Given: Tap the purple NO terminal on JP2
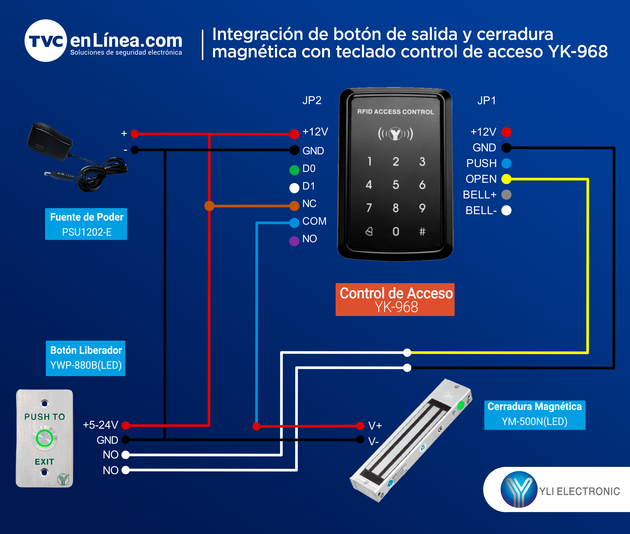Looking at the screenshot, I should [294, 241].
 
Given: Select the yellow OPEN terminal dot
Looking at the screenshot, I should [506, 179].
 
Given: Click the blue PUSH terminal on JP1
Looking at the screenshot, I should [506, 163].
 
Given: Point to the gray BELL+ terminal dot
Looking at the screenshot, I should [506, 195].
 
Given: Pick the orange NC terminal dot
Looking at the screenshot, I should [294, 206].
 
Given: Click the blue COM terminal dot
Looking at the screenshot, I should [294, 223].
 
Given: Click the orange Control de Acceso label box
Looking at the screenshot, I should [395, 299].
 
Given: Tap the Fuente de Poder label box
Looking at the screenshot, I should [86, 224].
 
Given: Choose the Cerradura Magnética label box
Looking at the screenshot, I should [535, 415].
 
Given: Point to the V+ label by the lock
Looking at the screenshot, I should [375, 426].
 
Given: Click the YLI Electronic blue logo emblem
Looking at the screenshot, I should [519, 489].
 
